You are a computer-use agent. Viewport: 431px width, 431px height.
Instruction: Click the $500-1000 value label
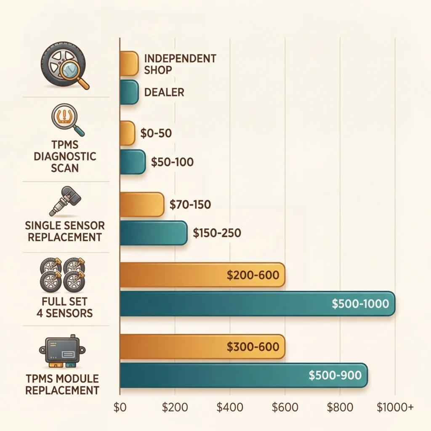(360, 304)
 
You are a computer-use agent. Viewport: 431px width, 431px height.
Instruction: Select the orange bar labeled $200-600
(202, 275)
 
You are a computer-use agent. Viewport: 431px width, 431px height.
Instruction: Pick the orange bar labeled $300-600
(202, 347)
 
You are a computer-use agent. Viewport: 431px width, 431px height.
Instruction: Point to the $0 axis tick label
(120, 407)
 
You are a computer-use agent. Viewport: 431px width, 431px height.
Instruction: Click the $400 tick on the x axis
(229, 407)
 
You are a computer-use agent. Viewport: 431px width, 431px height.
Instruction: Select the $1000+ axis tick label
(395, 407)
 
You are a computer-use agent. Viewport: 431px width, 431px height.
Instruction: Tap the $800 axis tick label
(339, 407)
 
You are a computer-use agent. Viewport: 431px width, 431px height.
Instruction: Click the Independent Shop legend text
(180, 64)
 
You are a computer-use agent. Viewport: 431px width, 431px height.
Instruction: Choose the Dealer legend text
(164, 92)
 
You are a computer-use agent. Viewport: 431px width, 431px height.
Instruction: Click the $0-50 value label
(155, 133)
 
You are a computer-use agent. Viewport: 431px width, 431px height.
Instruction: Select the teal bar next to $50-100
(133, 162)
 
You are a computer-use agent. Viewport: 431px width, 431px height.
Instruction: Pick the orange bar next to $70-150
(142, 205)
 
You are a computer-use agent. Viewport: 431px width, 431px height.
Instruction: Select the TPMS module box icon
(62, 350)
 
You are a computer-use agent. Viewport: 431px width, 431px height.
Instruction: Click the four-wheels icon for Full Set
(62, 275)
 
